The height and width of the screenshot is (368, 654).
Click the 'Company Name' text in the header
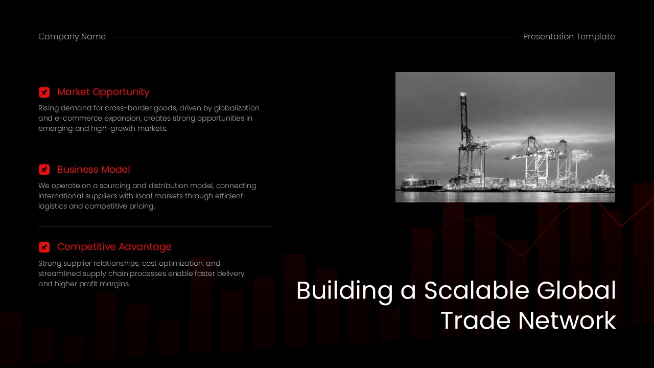click(x=72, y=37)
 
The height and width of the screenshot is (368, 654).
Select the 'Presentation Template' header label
click(x=569, y=37)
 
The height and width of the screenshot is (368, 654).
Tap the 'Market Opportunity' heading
click(x=103, y=92)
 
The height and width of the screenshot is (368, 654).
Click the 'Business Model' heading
click(x=94, y=170)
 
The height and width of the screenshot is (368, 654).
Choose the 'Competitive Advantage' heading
click(x=114, y=247)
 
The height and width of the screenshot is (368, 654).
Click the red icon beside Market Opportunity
click(x=44, y=92)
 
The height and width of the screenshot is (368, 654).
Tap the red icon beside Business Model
click(x=44, y=170)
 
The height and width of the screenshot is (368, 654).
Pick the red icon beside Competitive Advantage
click(x=44, y=247)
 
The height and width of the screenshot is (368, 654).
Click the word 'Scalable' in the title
click(x=477, y=291)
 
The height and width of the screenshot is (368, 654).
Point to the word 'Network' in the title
click(x=567, y=321)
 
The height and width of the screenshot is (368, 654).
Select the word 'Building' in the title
click(x=345, y=291)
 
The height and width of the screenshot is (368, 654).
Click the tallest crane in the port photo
click(x=465, y=138)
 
